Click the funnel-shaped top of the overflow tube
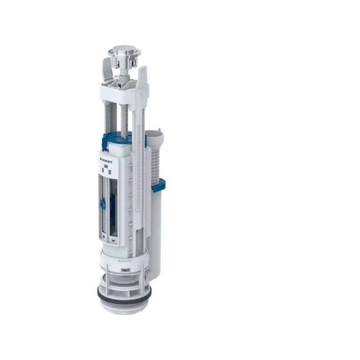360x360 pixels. point(153,133)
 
